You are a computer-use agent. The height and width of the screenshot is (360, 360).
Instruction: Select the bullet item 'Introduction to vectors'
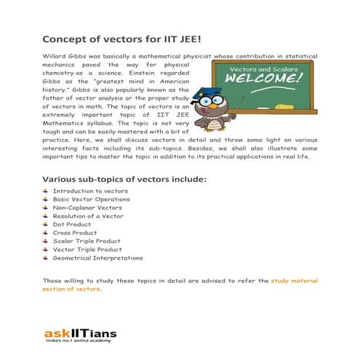pyautogui.click(x=85, y=190)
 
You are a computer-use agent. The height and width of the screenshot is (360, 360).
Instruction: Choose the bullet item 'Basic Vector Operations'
pyautogui.click(x=91, y=199)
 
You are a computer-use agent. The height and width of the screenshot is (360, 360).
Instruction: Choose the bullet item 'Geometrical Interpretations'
pyautogui.click(x=97, y=257)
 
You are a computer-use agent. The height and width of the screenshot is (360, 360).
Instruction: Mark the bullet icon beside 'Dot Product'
pyautogui.click(x=46, y=224)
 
